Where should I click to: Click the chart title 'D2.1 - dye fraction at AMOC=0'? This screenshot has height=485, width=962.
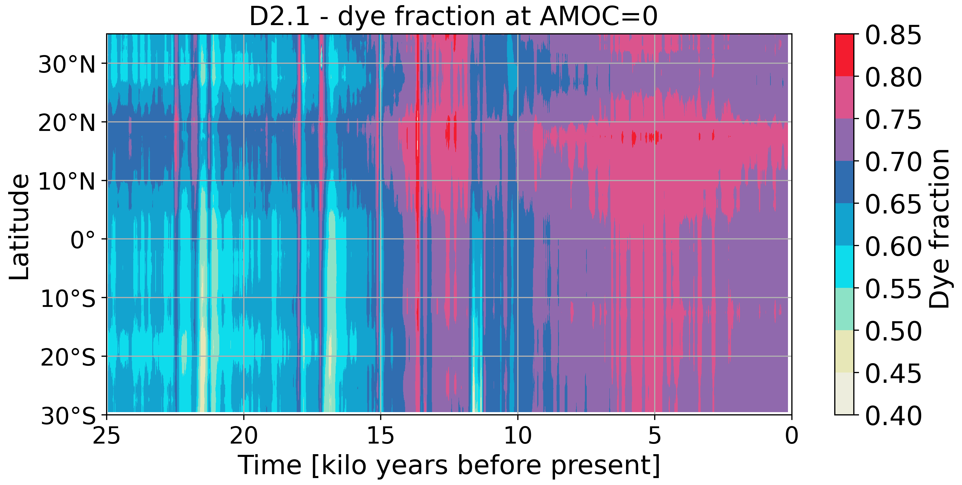coord(453,17)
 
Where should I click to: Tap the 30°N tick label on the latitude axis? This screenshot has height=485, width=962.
coord(67,65)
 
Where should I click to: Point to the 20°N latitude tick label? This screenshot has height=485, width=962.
coord(67,123)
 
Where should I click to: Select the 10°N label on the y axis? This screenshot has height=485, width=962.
coord(67,182)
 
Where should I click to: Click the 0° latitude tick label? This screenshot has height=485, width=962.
coord(83,240)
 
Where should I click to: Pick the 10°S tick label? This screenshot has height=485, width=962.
coord(68,299)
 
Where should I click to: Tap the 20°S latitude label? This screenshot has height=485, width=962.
coord(68,358)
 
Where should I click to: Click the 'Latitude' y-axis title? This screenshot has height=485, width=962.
coord(19,227)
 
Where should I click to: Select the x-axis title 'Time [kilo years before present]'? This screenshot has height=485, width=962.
coord(449,465)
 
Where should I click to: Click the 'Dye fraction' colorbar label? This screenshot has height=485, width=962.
coord(940,228)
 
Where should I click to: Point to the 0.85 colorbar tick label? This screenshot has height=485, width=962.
coord(893,35)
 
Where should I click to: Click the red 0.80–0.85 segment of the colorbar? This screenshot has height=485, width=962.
coord(844,55)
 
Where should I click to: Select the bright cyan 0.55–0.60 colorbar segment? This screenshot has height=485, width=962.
coord(844,266)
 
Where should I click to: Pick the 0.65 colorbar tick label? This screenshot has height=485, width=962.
coord(893,204)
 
